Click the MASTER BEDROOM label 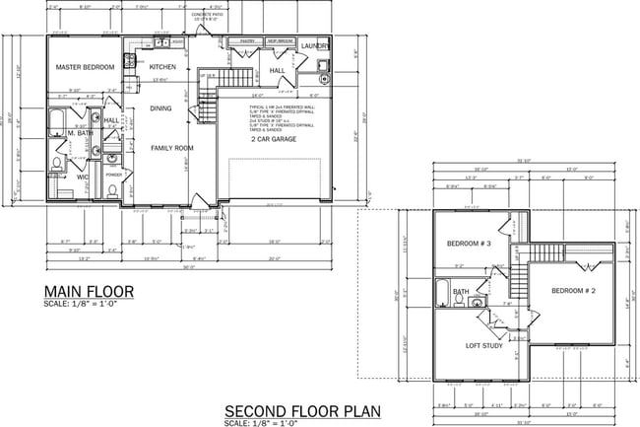85,67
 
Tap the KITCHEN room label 162,67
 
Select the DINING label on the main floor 160,108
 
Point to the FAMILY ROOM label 171,148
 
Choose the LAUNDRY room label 315,46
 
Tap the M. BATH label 81,133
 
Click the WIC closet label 84,178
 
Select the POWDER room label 113,176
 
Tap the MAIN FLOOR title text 90,292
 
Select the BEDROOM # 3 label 469,243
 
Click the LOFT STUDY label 485,346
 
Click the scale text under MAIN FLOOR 80,304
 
